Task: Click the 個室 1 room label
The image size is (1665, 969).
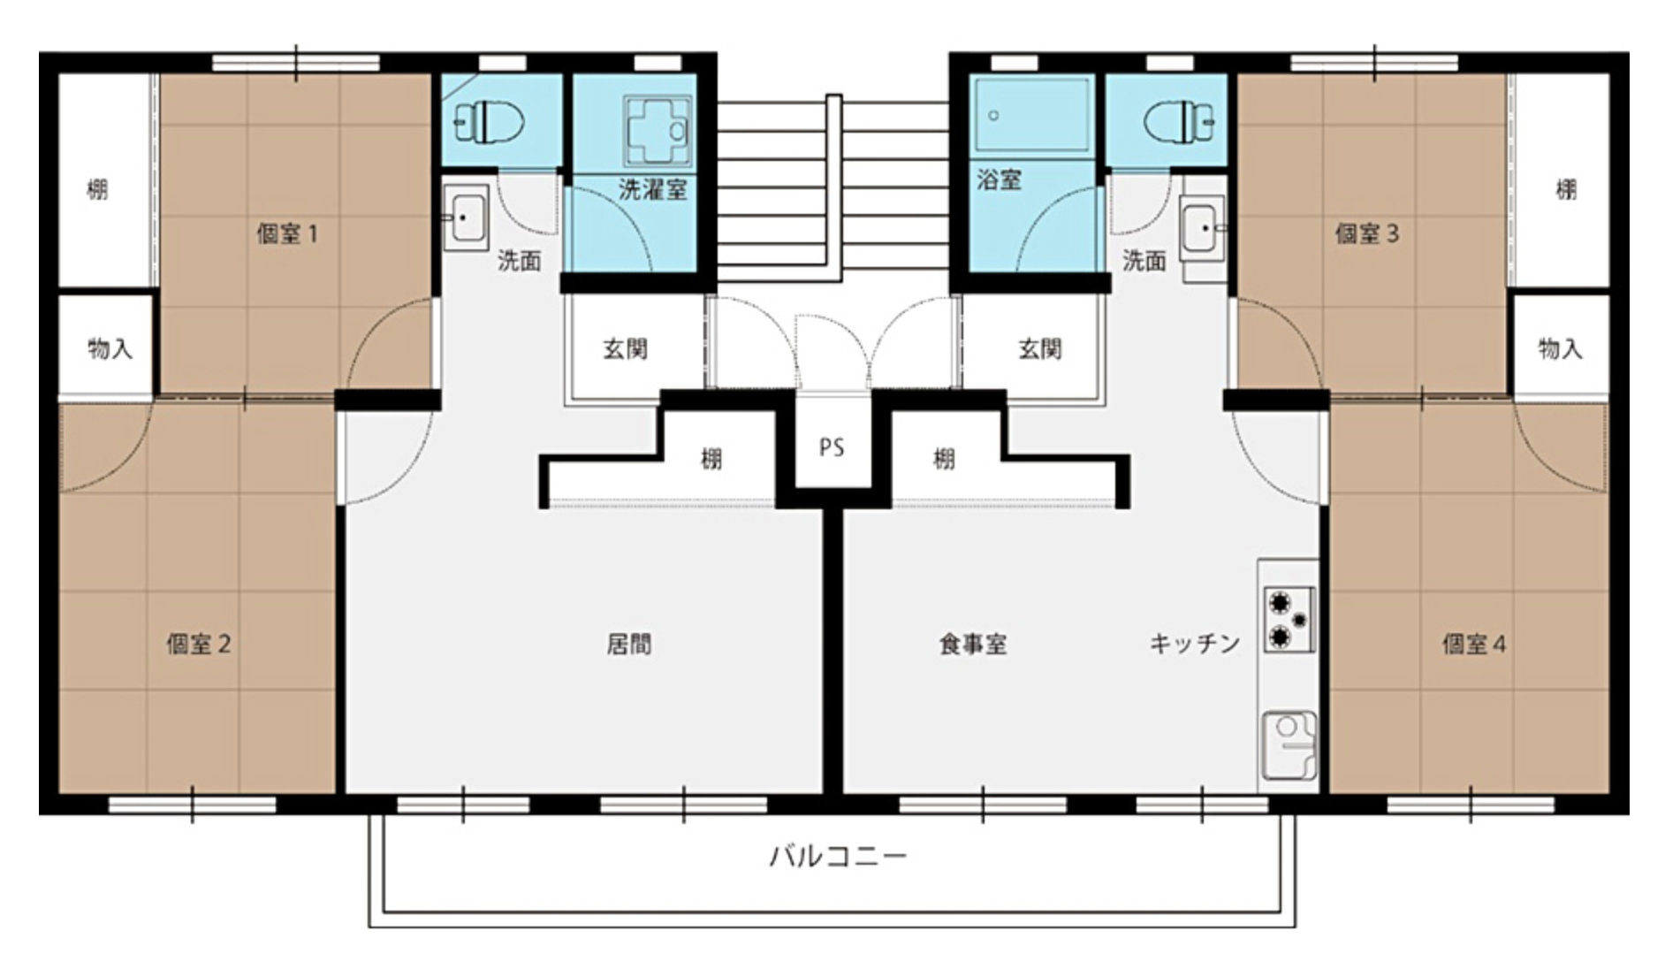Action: [287, 234]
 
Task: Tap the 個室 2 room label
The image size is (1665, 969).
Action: [199, 644]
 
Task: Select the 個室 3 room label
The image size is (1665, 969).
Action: [1366, 234]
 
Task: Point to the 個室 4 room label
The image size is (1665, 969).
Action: [1474, 644]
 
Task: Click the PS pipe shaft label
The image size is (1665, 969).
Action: [832, 447]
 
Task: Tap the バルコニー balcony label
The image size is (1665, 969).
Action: [838, 856]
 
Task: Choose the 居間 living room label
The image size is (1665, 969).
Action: [629, 644]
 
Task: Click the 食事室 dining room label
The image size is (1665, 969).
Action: [973, 644]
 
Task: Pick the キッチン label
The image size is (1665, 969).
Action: [1195, 644]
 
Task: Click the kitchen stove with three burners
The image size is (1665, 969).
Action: [1289, 620]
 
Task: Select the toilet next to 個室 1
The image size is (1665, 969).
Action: [489, 121]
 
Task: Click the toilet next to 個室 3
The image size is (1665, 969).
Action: [1180, 121]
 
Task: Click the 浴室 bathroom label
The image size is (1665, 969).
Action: [1000, 180]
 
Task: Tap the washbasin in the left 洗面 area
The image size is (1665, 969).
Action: [466, 217]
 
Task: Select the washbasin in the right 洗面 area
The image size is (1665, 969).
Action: [1202, 228]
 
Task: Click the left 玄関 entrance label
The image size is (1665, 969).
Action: [626, 349]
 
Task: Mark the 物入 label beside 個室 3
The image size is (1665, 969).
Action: [1560, 349]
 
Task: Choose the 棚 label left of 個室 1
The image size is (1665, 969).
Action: [97, 189]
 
